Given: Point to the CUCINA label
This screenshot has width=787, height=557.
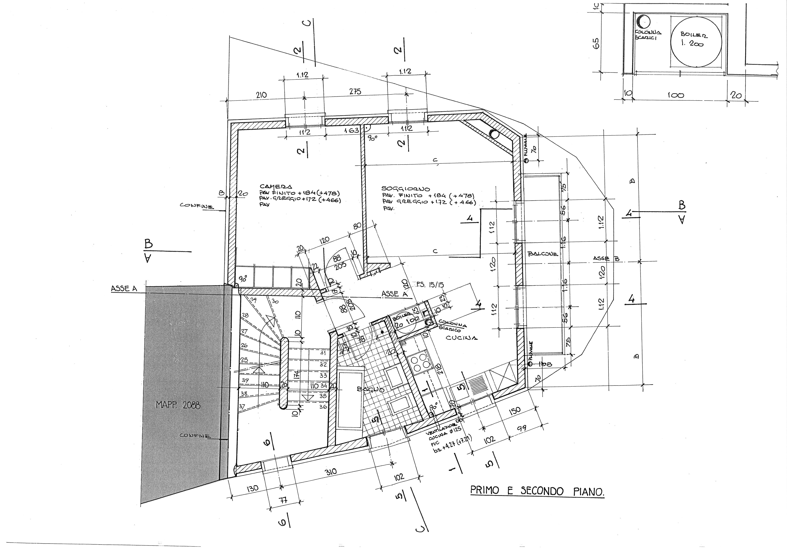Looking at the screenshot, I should (x=461, y=338).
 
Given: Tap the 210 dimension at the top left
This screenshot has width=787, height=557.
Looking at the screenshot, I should (x=261, y=95).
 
